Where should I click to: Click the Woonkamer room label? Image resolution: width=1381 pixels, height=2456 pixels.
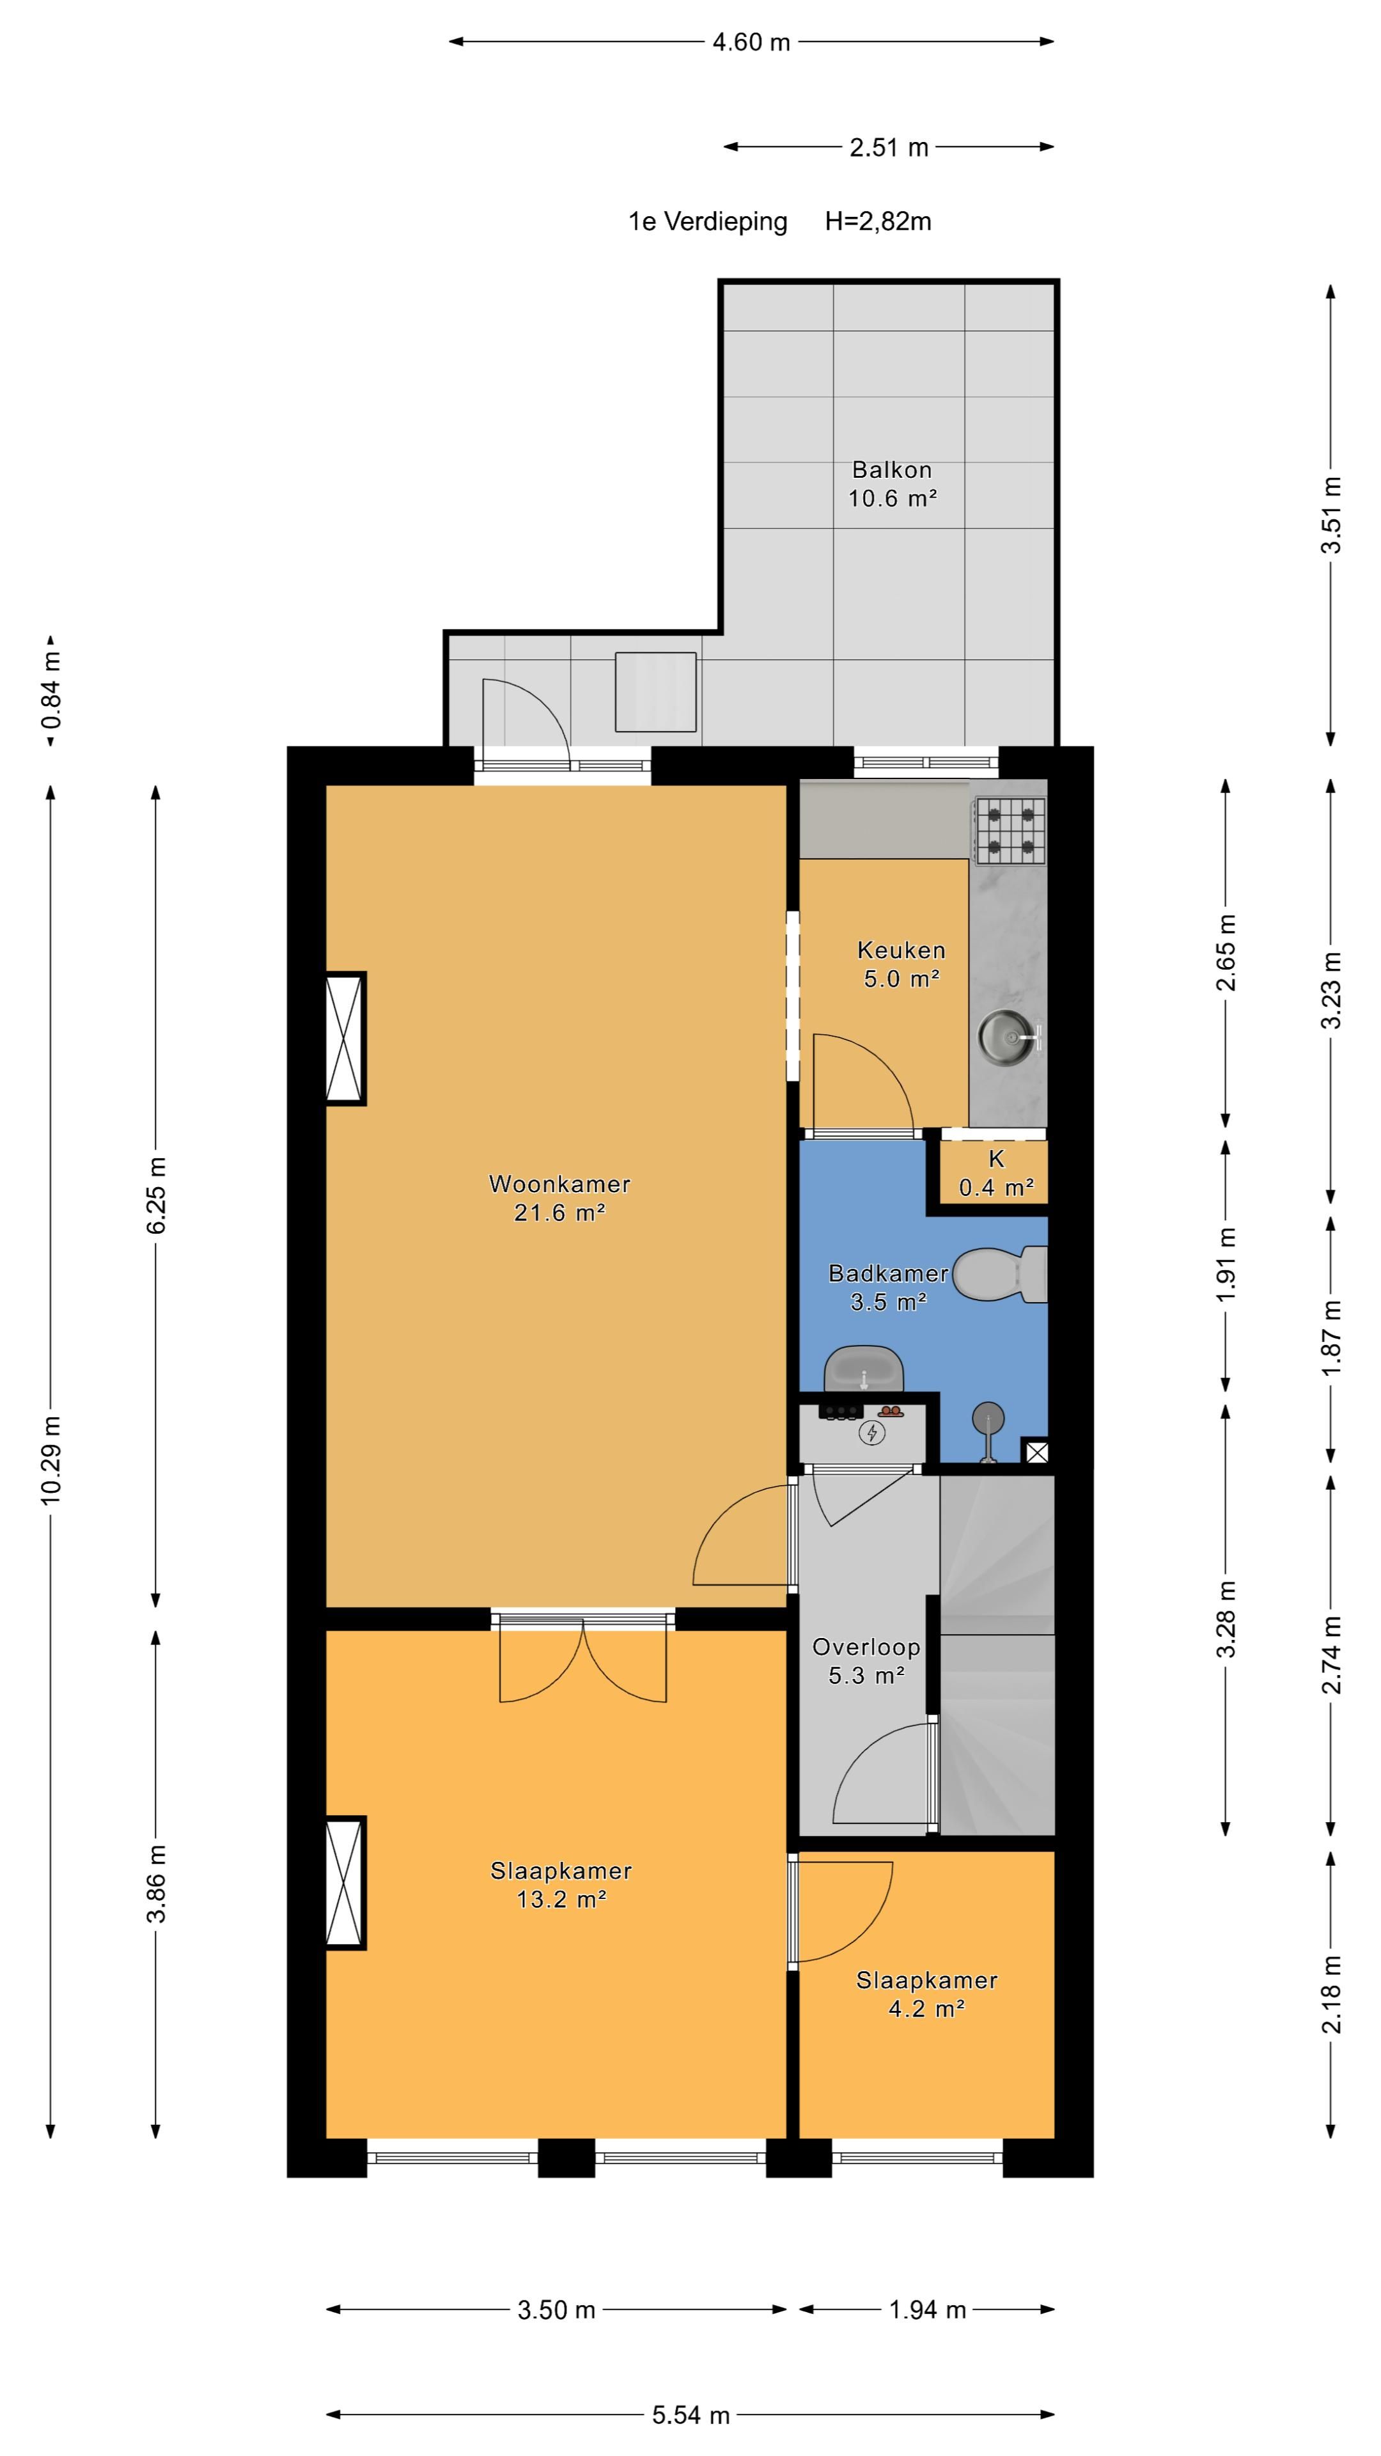(559, 1184)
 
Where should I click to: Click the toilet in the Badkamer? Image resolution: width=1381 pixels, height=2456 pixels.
(1001, 1274)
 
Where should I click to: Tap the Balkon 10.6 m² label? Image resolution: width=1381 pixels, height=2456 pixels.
(892, 484)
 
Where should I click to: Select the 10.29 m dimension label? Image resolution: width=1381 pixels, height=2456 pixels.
(51, 1461)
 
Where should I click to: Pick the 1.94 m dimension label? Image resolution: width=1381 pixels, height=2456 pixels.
(927, 2309)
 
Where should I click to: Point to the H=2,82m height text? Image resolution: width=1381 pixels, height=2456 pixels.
(878, 221)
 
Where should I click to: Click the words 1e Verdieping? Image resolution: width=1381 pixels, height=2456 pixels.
(707, 221)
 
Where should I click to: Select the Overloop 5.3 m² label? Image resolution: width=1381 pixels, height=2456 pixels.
(866, 1661)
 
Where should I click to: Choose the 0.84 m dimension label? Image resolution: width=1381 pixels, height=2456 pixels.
(51, 689)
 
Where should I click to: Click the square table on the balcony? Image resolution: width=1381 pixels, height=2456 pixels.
(656, 691)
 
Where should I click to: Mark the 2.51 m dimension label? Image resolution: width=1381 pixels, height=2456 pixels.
(888, 148)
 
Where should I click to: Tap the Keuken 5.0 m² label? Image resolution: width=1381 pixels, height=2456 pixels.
(901, 964)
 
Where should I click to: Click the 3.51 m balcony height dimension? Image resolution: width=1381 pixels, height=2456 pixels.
(1330, 515)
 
